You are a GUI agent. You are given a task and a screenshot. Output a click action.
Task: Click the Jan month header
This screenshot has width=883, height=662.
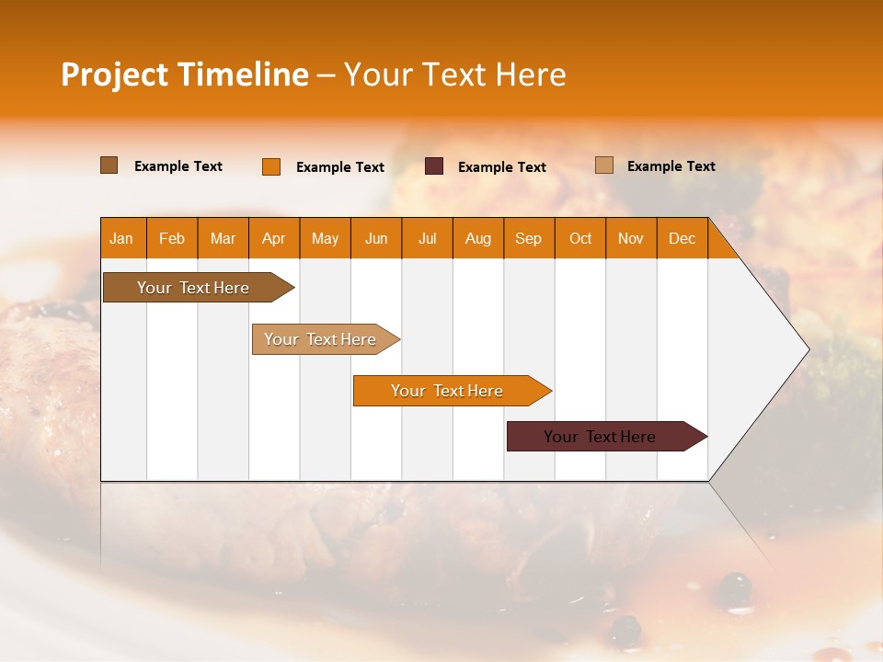(121, 238)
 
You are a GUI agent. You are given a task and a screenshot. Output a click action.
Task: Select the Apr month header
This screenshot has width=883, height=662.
(273, 238)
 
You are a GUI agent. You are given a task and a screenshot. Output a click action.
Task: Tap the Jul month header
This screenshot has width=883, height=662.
(427, 238)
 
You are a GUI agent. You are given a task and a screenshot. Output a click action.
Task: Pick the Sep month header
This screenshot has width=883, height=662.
(528, 238)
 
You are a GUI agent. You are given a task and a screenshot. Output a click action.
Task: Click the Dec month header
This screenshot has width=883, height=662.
(682, 238)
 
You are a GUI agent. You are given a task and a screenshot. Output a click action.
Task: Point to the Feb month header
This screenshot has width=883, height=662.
(172, 238)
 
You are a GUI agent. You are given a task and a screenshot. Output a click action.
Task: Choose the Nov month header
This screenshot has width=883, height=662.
(630, 238)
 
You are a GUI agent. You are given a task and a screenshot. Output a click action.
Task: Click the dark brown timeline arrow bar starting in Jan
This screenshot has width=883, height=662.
(193, 288)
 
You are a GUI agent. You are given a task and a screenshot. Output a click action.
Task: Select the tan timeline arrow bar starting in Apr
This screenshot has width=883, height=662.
(320, 339)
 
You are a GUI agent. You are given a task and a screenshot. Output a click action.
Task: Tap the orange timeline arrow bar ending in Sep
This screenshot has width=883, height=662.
(447, 391)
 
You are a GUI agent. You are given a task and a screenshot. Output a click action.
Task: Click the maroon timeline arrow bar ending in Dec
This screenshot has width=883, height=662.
(600, 437)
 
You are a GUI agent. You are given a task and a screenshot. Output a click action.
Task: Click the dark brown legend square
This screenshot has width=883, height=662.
(109, 165)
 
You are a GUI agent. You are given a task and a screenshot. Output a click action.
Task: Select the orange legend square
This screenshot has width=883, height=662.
(271, 166)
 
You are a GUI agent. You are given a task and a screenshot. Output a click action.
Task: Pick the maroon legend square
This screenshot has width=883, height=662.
(434, 166)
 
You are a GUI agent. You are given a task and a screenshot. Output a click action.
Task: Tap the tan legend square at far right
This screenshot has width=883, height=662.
(604, 165)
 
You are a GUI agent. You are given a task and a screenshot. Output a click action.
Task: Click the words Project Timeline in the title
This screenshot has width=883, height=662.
(184, 74)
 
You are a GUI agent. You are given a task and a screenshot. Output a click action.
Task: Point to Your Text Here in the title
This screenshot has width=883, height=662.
(454, 74)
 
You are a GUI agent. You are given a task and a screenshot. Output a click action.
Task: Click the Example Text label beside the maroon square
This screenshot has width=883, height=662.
(501, 167)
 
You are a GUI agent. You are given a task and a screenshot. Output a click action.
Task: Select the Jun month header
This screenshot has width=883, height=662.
(375, 238)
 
